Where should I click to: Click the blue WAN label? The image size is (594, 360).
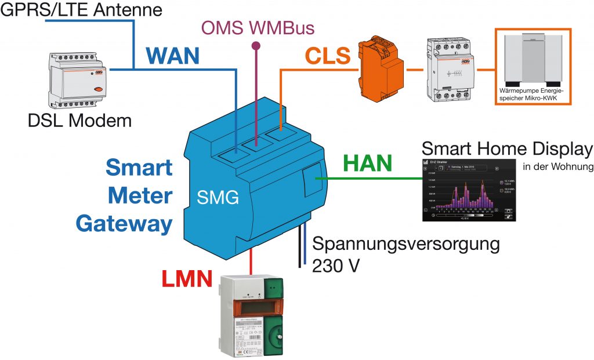(172, 56)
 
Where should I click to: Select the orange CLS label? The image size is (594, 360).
(328, 56)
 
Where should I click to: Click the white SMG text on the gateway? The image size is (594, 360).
(216, 199)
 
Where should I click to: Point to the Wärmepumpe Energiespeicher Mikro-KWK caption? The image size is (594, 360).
(532, 95)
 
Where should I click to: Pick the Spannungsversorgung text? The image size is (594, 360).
(405, 243)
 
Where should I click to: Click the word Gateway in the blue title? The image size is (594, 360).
(124, 223)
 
